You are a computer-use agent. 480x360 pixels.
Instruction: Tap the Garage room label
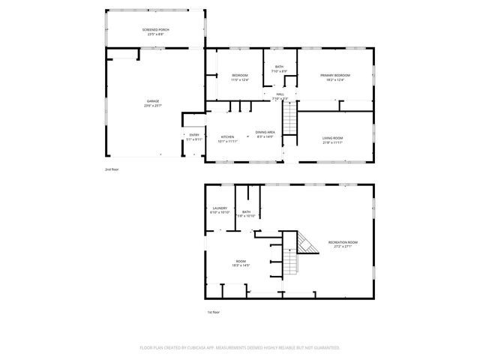(153, 100)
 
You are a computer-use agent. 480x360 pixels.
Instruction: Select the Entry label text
(194, 135)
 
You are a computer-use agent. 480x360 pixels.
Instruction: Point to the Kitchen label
(227, 136)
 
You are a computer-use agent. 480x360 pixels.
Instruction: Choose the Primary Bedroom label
(335, 76)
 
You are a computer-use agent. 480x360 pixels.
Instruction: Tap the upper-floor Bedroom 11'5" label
(240, 76)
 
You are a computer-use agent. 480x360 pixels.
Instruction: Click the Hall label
(280, 94)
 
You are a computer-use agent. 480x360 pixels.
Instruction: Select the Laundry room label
(220, 208)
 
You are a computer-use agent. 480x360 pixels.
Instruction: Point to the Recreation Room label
(342, 241)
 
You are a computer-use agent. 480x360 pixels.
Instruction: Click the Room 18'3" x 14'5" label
(241, 262)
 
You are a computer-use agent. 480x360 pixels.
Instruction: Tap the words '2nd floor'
(112, 169)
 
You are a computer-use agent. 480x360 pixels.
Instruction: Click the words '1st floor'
(214, 312)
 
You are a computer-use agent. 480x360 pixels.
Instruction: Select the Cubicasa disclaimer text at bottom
(240, 348)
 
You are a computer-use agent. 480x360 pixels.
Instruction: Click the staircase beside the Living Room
(290, 118)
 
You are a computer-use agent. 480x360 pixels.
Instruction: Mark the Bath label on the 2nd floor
(279, 67)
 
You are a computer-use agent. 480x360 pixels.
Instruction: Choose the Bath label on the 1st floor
(246, 212)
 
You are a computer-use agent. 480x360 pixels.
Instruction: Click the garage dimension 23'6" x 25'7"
(153, 105)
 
